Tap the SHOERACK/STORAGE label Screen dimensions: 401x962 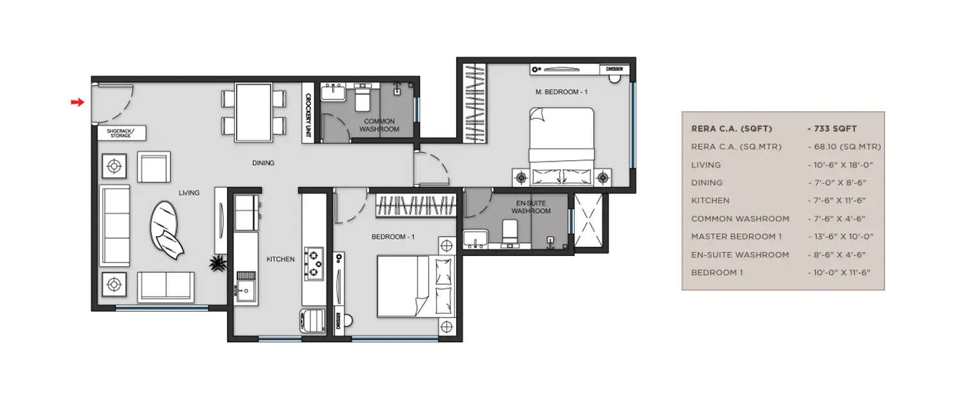point(121,133)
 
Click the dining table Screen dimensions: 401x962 point(253,112)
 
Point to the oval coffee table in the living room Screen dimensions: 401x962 point(164,226)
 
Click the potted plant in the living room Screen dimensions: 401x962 point(219,263)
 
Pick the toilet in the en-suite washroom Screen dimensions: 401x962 point(510,232)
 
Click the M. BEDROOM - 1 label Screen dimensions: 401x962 point(561,92)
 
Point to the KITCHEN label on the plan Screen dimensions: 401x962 point(280,259)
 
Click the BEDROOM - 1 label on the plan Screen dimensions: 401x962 point(393,237)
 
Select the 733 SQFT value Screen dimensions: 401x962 point(835,128)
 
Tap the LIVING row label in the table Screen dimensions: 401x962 point(705,165)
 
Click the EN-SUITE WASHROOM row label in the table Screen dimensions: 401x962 point(739,254)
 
